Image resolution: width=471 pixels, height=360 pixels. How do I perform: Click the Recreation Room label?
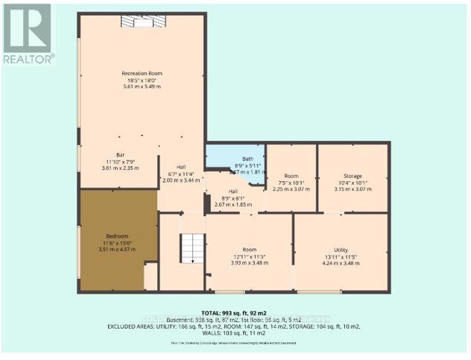point(142,73)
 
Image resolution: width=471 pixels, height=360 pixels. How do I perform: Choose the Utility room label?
point(341,250)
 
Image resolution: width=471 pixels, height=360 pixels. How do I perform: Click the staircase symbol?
point(192,247)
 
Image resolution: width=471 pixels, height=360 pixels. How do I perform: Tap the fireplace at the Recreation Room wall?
point(142,22)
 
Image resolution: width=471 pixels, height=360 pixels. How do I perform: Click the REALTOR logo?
point(28,34)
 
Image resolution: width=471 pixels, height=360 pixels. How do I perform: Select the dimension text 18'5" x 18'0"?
point(142,80)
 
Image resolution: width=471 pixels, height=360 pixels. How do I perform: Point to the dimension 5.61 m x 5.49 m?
point(142,87)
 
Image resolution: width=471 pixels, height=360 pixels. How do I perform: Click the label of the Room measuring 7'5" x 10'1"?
point(291,175)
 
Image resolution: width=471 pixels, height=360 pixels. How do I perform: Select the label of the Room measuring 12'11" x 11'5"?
point(249,250)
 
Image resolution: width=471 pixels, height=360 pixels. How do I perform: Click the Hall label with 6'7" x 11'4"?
point(181,167)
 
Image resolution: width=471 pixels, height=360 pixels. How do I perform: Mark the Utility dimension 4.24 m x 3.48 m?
point(341,263)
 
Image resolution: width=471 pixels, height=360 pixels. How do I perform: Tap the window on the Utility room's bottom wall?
point(319,291)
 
